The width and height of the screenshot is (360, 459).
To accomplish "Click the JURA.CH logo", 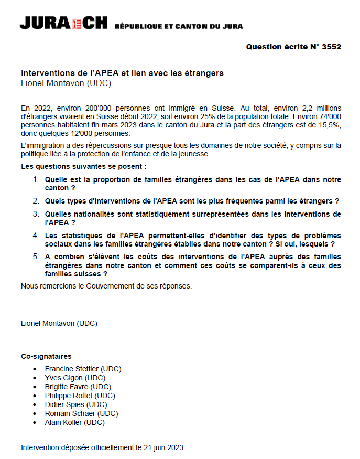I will [x=63, y=24].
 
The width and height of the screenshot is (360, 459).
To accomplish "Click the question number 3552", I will [x=332, y=47].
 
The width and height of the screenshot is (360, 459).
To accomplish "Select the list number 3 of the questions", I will [x=36, y=214].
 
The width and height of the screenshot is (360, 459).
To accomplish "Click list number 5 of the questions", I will [x=36, y=257].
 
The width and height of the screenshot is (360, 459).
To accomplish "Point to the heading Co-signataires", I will [x=46, y=356].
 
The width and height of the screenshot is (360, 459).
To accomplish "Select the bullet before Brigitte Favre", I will [x=35, y=387].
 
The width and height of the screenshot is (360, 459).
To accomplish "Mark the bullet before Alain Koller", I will [x=35, y=423].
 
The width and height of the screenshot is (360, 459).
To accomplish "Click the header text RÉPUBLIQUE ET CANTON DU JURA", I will [x=178, y=26].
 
